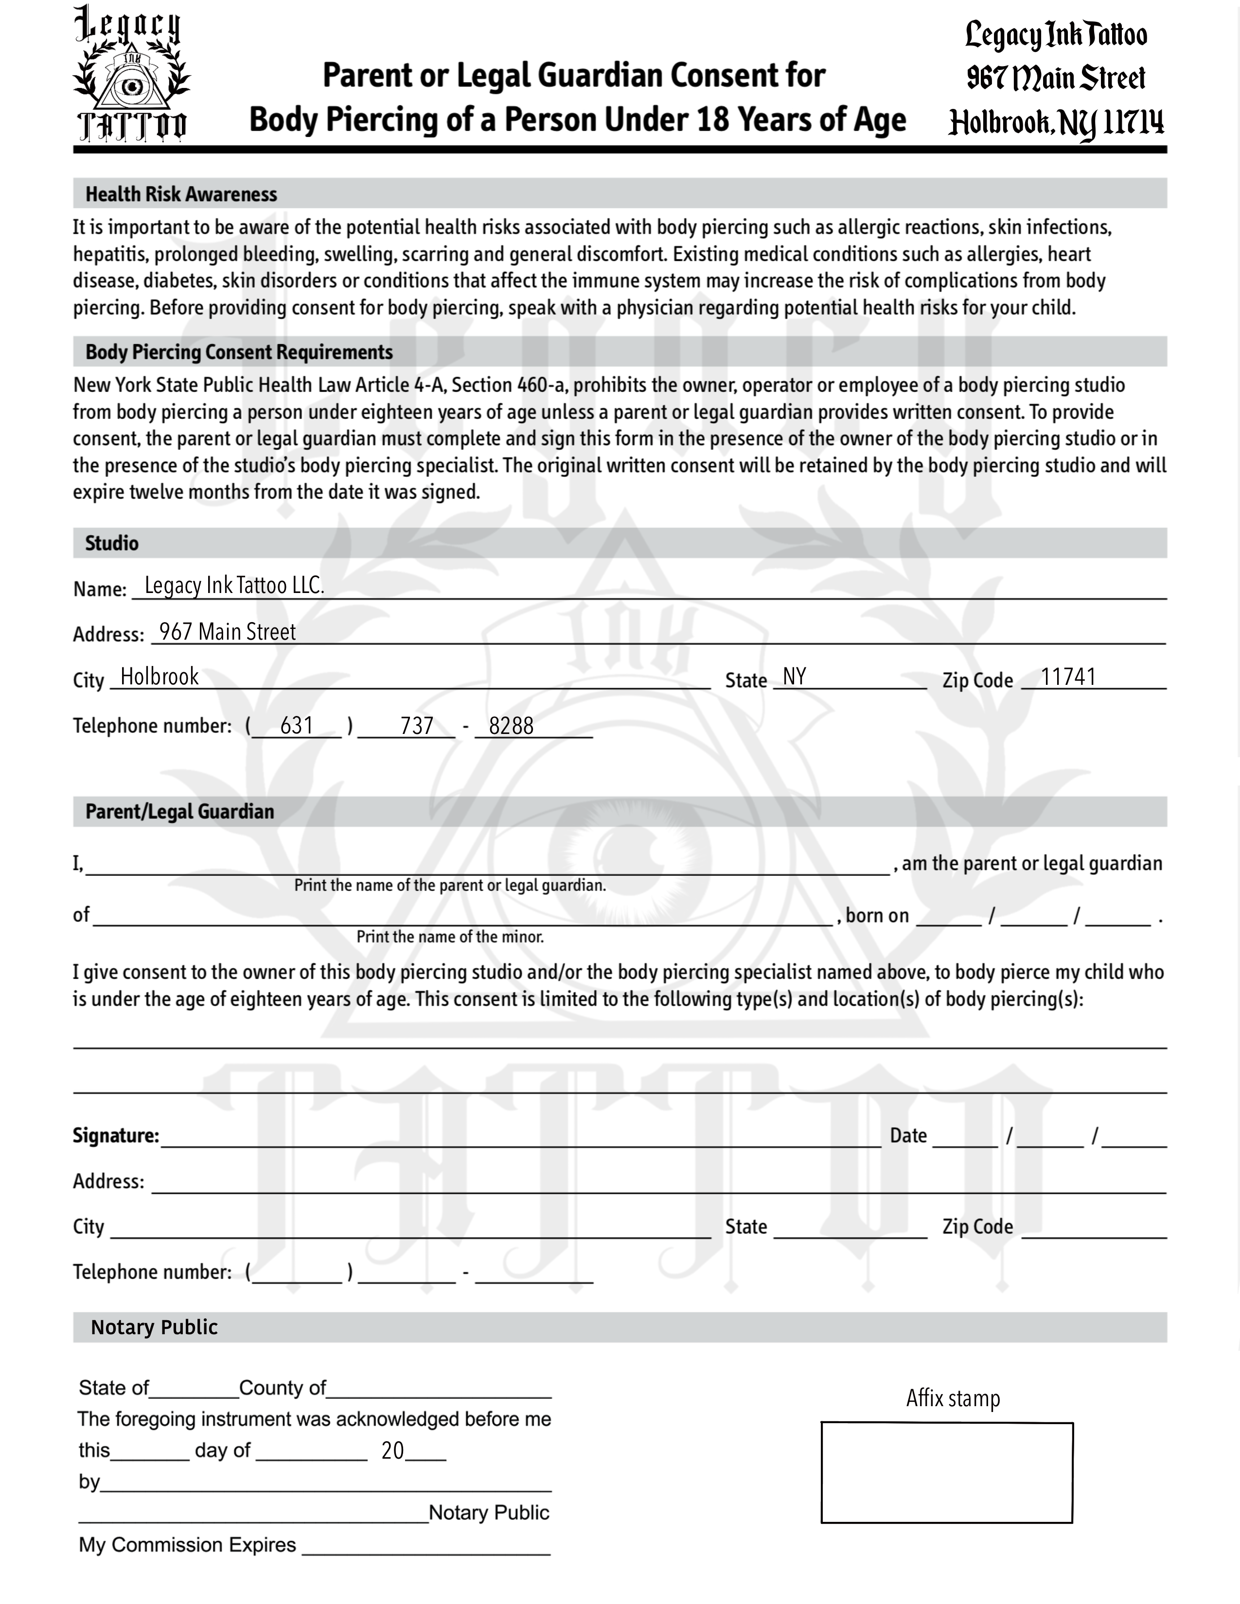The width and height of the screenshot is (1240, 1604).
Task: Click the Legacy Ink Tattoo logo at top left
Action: click(131, 73)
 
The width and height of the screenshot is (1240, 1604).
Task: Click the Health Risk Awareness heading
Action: click(181, 194)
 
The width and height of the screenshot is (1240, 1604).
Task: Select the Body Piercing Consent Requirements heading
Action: click(239, 352)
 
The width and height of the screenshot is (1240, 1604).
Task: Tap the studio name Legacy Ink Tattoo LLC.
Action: click(233, 585)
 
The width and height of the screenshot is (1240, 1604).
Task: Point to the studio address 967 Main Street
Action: click(227, 631)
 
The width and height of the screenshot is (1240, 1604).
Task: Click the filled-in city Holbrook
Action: click(159, 677)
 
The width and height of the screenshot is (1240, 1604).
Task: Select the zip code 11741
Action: click(1068, 677)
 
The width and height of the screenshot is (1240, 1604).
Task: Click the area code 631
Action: click(297, 726)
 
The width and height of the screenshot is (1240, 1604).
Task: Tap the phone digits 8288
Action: click(511, 726)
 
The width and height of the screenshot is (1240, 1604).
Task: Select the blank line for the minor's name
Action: click(463, 918)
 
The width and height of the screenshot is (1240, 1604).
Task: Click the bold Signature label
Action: click(115, 1135)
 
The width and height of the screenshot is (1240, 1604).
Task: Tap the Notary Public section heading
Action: click(154, 1327)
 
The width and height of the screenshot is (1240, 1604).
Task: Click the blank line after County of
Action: click(439, 1390)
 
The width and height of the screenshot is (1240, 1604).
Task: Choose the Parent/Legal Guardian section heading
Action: click(179, 812)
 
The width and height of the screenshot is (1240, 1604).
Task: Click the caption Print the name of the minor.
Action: click(450, 937)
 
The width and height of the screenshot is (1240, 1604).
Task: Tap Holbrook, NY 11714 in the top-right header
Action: click(1056, 122)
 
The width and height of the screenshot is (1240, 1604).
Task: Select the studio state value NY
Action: click(794, 677)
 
